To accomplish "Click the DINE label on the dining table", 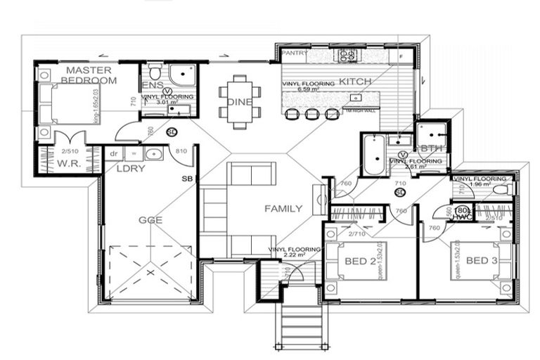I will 238,102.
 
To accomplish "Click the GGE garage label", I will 150,220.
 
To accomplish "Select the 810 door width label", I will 180,151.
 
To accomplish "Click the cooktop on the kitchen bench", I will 347,56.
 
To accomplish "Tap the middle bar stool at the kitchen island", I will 311,114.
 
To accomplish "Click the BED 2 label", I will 360,262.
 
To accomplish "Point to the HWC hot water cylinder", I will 462,212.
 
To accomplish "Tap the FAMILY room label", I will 283,209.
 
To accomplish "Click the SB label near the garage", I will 187,180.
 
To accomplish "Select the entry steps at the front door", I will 301,325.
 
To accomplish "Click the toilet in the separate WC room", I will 499,189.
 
